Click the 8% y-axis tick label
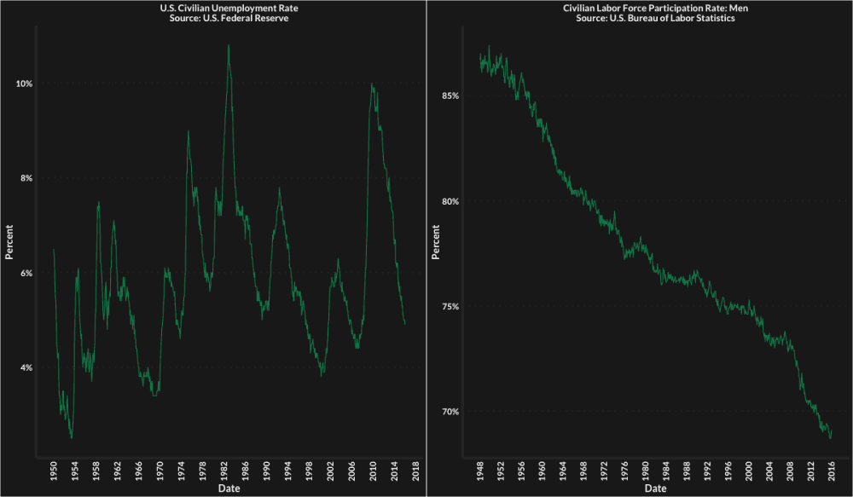pyautogui.click(x=25, y=178)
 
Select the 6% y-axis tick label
pyautogui.click(x=25, y=273)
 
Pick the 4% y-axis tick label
pyautogui.click(x=25, y=367)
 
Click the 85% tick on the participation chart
pyautogui.click(x=448, y=95)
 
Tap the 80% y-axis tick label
pyautogui.click(x=448, y=201)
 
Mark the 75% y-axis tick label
pyautogui.click(x=448, y=306)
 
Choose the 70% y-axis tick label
pyautogui.click(x=448, y=412)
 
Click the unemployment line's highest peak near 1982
pyautogui.click(x=229, y=45)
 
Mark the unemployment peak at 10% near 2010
pyautogui.click(x=372, y=84)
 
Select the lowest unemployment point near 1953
pyautogui.click(x=72, y=437)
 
